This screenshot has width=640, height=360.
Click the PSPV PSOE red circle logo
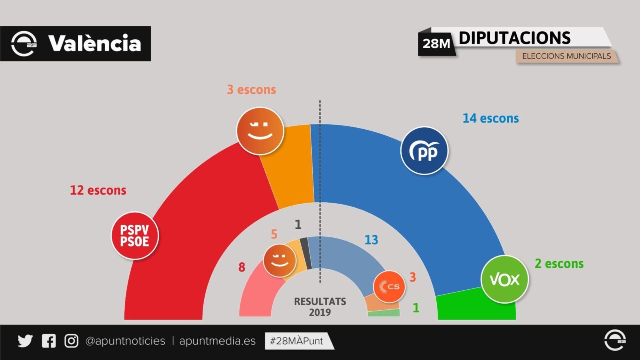[135, 236]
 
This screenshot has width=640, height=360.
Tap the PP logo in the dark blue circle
[424, 151]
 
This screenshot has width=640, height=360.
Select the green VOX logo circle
[504, 279]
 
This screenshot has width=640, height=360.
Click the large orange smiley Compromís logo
[260, 131]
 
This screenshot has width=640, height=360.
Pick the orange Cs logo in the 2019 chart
[389, 286]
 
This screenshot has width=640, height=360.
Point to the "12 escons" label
[98, 190]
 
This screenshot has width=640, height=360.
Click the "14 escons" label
[490, 118]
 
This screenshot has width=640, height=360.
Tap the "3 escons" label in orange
[251, 90]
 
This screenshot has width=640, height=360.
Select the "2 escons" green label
[559, 264]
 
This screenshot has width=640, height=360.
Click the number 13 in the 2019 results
[371, 240]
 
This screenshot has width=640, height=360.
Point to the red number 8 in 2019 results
[242, 267]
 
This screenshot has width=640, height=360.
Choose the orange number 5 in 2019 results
[274, 234]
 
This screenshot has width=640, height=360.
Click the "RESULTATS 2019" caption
[320, 307]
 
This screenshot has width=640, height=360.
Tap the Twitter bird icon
[25, 341]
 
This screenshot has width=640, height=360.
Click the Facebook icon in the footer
[49, 341]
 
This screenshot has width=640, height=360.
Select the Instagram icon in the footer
[72, 341]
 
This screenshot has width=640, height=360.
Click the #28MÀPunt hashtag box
[297, 341]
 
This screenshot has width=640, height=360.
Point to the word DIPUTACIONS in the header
[514, 38]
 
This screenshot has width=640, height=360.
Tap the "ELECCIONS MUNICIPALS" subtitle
[566, 56]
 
